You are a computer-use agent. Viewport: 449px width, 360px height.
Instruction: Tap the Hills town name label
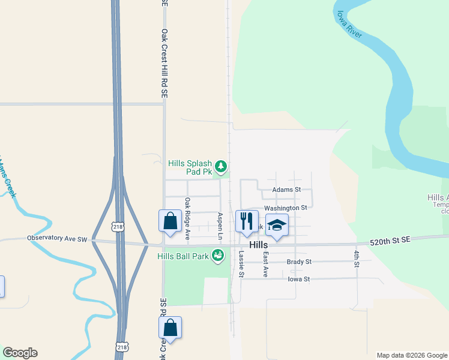pos(258,245)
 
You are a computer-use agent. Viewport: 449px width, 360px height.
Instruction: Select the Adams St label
pos(286,190)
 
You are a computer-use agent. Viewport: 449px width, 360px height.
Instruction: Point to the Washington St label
pos(285,208)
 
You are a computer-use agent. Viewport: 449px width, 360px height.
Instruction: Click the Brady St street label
pos(299,262)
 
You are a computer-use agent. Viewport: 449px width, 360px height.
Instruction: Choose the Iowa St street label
pos(298,279)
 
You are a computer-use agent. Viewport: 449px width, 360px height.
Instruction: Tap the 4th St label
pos(356,260)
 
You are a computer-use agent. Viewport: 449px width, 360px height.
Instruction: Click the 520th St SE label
pos(391,239)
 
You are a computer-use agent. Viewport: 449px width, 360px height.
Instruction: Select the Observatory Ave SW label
pos(57,238)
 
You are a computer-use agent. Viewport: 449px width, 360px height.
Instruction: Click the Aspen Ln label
pos(220,227)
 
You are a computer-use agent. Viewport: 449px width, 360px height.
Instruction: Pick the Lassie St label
pos(241,264)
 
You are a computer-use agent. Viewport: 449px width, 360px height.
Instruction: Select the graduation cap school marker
pos(277,225)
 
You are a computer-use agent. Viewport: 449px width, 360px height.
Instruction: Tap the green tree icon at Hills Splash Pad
pos(221,166)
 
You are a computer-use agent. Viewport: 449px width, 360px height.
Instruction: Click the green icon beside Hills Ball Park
pos(219,256)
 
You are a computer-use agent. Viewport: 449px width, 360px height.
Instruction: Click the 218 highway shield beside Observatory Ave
pos(118,226)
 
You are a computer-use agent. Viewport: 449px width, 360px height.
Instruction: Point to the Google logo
pos(20,353)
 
